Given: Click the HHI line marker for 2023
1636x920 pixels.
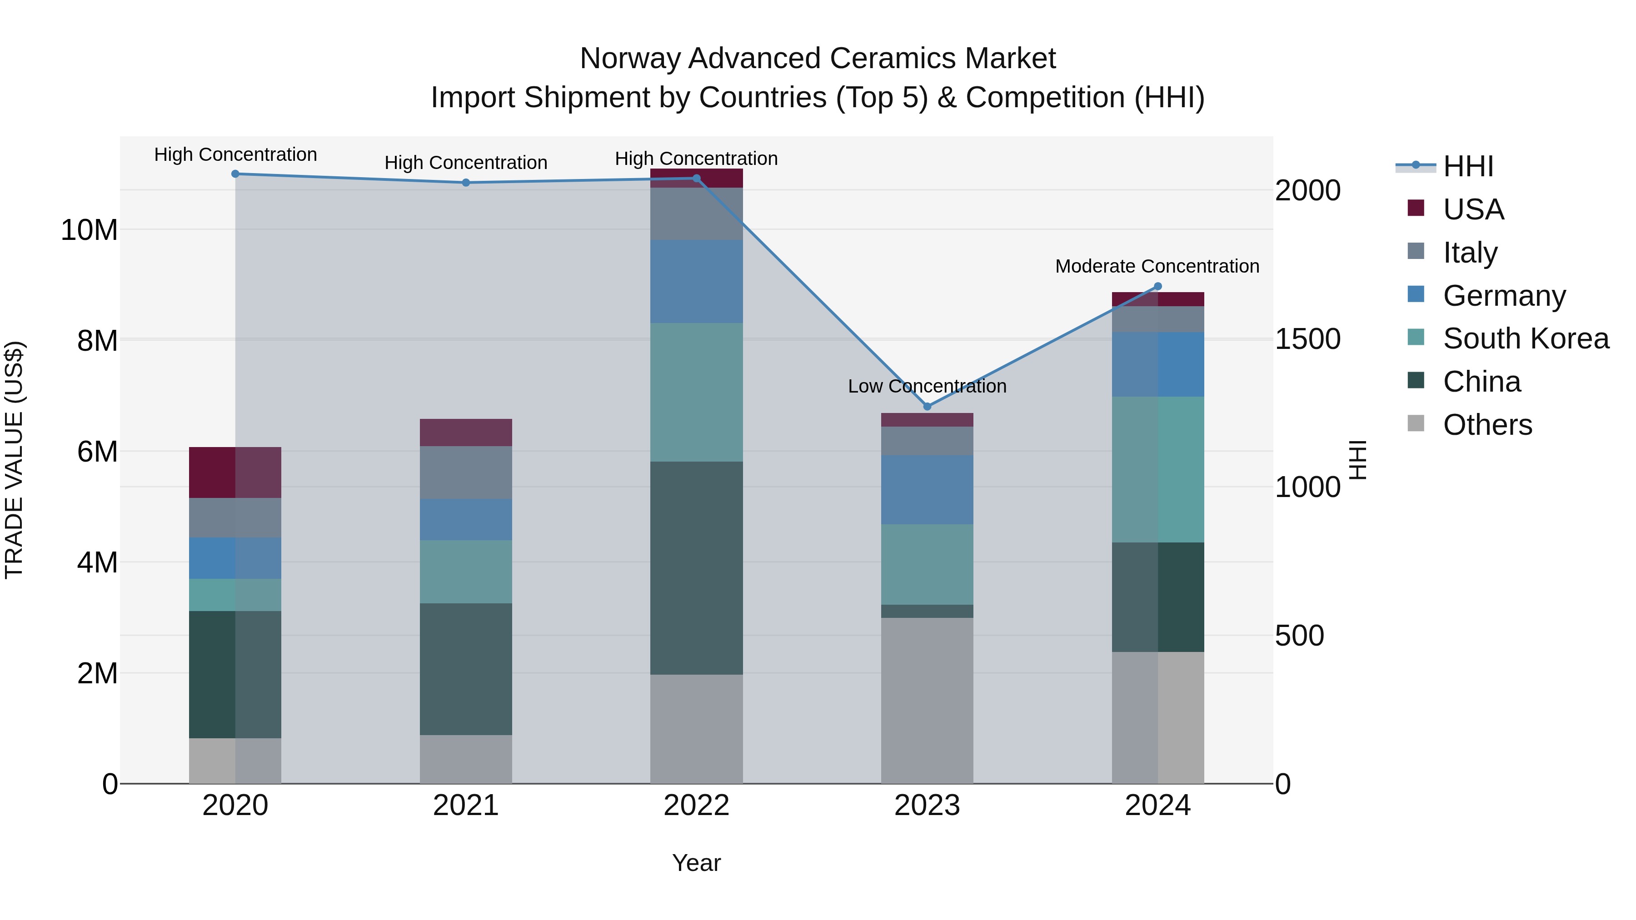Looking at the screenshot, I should [927, 406].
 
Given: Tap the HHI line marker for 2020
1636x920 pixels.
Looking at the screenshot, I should [235, 174].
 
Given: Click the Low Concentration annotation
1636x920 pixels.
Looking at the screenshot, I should [927, 386].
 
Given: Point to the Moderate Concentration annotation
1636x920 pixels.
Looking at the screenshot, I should [1157, 266].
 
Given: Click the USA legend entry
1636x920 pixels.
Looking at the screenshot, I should [1473, 209].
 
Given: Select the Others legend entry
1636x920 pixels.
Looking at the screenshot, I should [1487, 425].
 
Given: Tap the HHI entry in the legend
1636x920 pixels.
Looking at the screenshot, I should [1468, 166].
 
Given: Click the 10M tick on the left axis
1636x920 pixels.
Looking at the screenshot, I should [89, 230].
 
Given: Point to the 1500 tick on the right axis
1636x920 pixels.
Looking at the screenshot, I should [1307, 339].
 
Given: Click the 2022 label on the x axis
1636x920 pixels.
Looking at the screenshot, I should [696, 806].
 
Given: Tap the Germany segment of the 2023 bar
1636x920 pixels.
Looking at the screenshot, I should [927, 489].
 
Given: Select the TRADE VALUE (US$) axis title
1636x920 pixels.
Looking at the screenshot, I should [14, 460].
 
